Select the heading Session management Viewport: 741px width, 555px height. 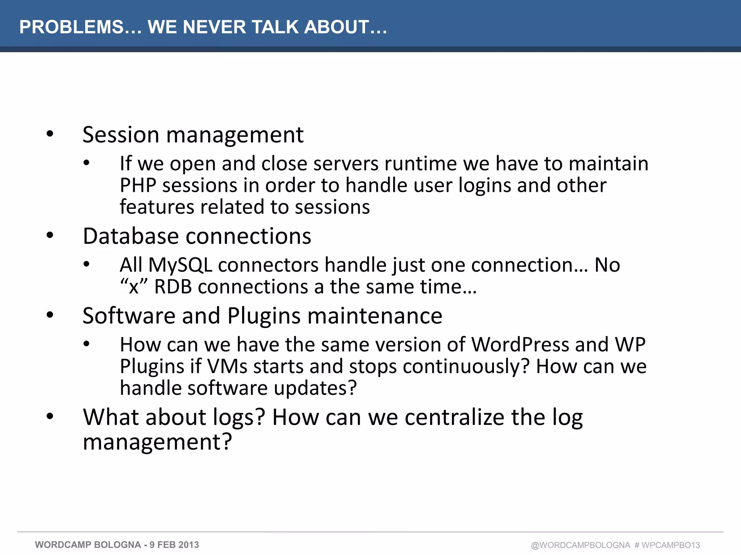(x=193, y=135)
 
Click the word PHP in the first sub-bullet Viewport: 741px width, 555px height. (x=138, y=186)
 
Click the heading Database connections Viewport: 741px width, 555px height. (x=197, y=236)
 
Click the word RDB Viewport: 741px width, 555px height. (x=173, y=287)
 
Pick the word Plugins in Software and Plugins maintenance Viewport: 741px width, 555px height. (x=264, y=316)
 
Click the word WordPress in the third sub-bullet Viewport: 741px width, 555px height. (x=520, y=345)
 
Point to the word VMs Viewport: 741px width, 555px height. (x=227, y=367)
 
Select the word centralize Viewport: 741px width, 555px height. (x=454, y=418)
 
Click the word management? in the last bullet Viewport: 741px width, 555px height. (x=157, y=442)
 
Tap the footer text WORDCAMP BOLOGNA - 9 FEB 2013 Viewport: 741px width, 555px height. (x=117, y=545)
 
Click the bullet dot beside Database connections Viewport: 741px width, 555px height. (x=50, y=236)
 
